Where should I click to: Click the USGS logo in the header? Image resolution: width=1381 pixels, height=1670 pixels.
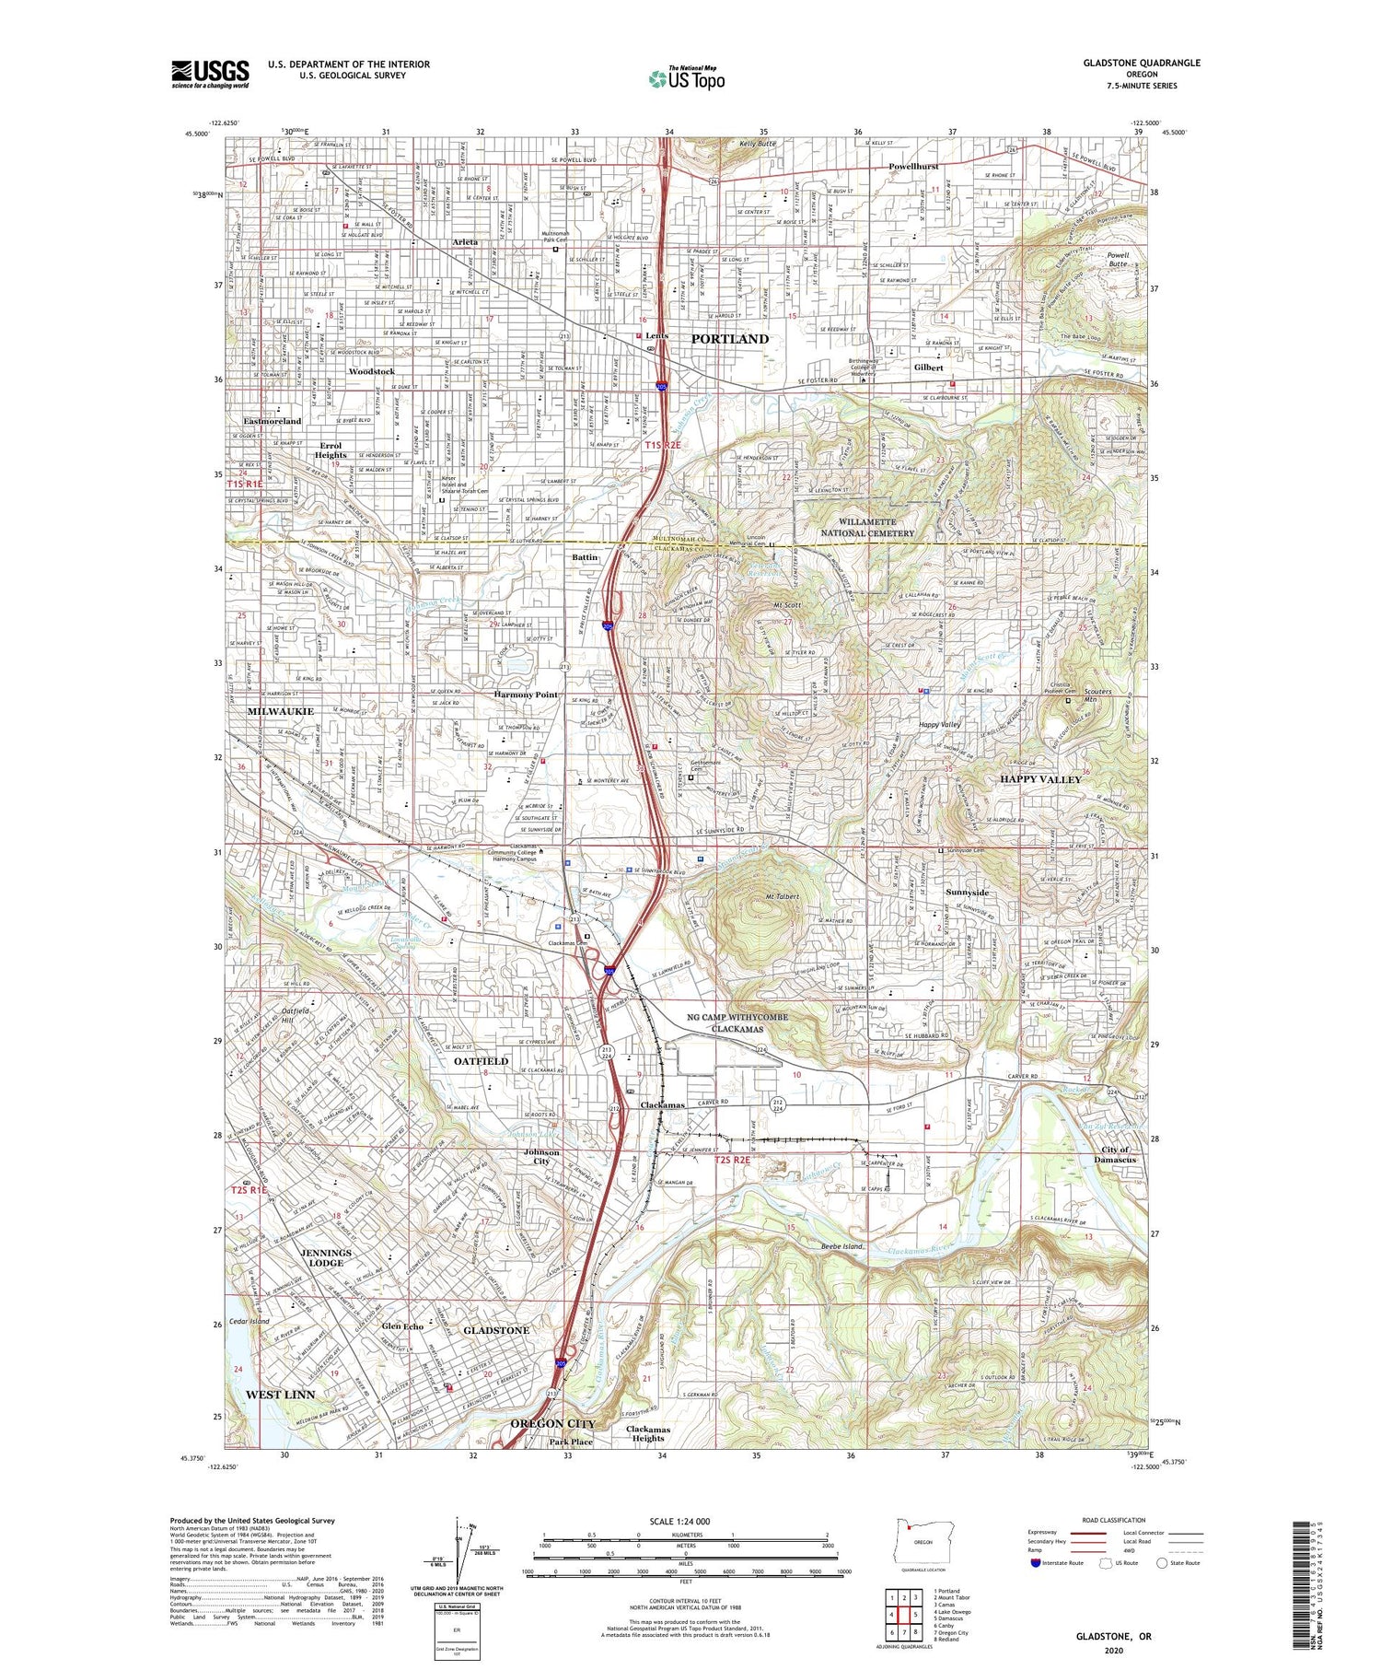pos(210,74)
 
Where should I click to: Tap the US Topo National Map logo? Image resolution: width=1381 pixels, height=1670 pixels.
pos(686,78)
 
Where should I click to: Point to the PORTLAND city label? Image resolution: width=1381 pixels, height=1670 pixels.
pos(729,339)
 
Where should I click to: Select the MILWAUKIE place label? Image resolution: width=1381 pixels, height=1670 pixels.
pos(280,711)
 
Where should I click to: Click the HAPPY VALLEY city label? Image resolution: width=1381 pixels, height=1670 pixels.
pos(1040,779)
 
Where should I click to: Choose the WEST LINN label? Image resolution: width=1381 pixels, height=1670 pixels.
pos(280,1395)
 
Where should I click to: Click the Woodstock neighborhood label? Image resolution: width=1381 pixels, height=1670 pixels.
pos(371,371)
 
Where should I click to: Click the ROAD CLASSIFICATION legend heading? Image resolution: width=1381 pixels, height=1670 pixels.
pos(1114,1520)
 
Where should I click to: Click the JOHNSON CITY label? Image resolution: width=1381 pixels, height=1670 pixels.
pos(541,1157)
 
